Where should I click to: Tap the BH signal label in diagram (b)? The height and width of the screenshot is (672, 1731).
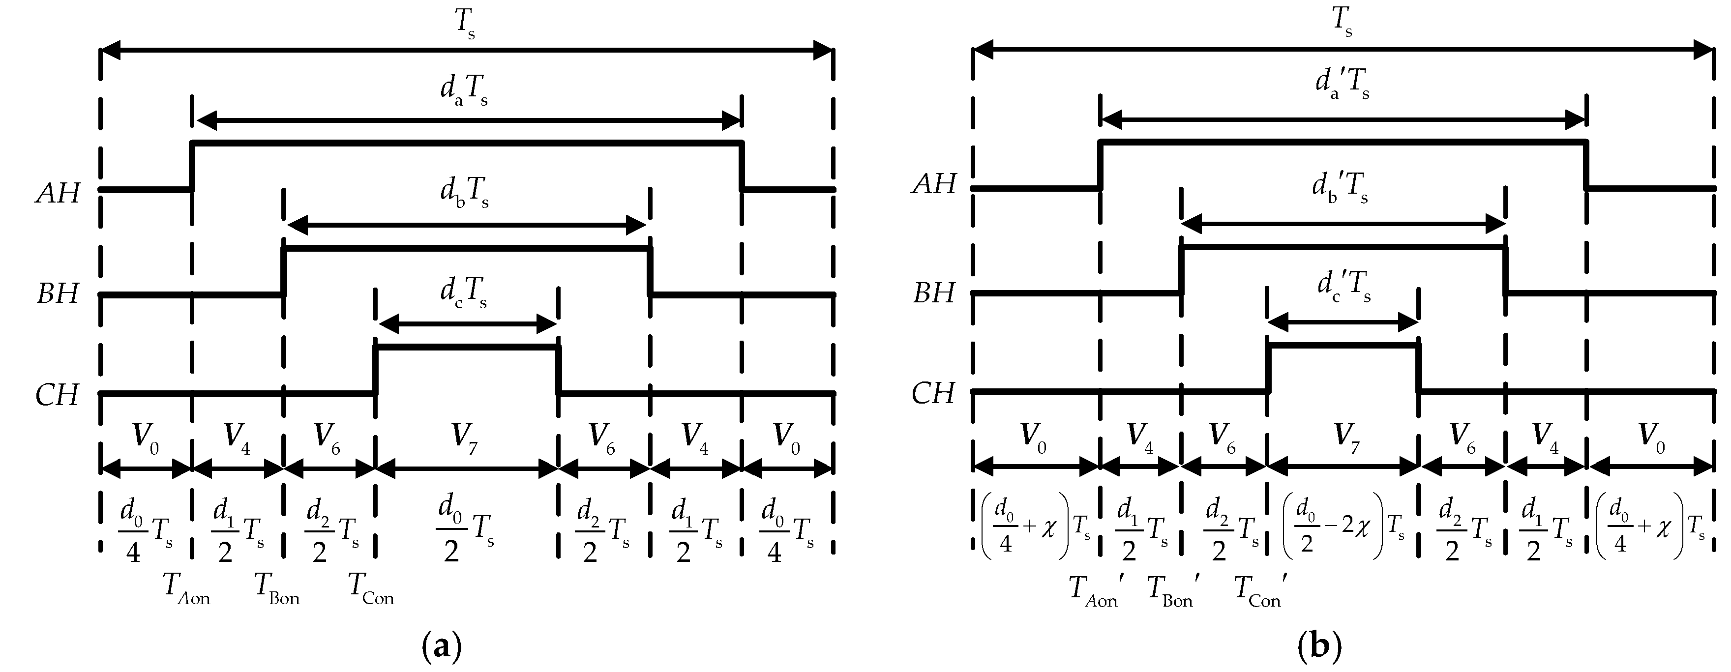tap(933, 293)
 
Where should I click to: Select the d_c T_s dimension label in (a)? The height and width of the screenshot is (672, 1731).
tap(464, 293)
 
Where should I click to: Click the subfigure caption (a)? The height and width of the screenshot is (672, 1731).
tap(442, 647)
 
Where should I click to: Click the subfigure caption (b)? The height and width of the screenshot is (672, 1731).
tap(1320, 647)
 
